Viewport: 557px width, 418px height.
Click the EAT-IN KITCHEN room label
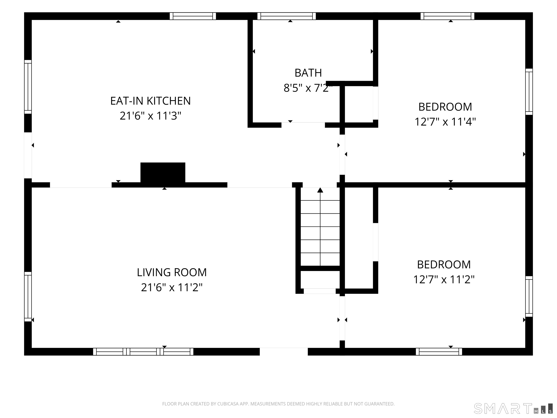[150, 101]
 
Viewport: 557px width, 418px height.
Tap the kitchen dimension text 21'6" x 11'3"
[150, 116]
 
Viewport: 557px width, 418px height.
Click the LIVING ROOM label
[172, 272]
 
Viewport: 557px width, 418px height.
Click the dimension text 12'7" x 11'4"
[445, 122]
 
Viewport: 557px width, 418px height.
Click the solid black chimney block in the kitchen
[163, 173]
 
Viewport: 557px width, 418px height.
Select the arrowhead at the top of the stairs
[320, 190]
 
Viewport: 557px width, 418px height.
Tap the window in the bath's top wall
[286, 16]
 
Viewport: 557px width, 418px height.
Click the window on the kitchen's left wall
[28, 87]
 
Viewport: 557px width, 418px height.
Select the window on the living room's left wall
[28, 297]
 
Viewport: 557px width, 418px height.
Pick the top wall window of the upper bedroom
[447, 16]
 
